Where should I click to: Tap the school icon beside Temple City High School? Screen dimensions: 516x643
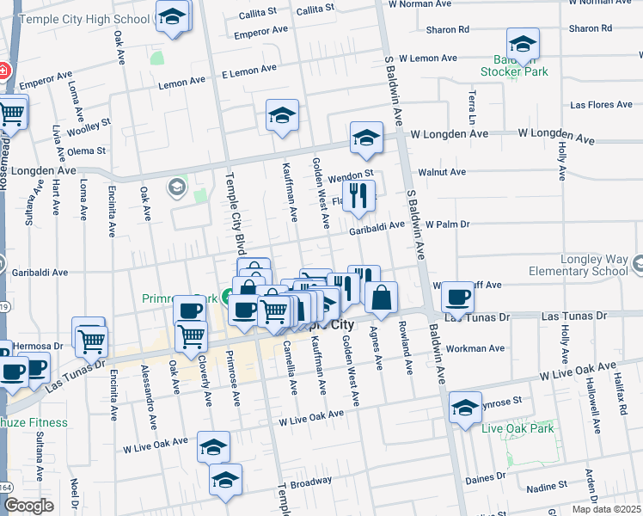(x=173, y=17)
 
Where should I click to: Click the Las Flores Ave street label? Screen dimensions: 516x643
(x=601, y=105)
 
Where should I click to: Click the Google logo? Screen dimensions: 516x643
(x=28, y=506)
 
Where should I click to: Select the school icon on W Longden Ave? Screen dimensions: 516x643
(x=366, y=138)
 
